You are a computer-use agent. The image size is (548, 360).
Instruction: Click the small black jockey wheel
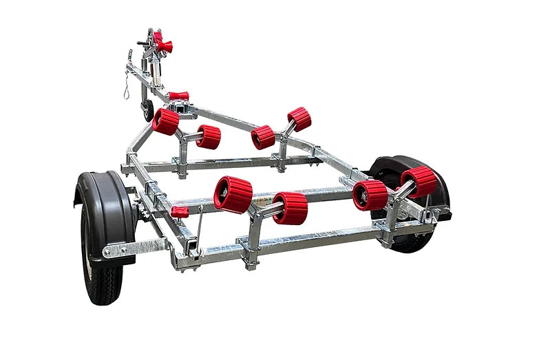(x=148, y=110)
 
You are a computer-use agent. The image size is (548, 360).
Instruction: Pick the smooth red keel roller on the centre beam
(x=178, y=96)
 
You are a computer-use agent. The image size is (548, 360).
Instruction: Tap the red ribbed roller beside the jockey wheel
(x=165, y=122)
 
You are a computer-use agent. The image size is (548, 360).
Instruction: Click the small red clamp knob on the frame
(x=180, y=211)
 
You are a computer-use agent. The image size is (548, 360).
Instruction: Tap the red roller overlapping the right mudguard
(x=419, y=181)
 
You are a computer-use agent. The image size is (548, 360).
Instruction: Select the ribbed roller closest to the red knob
(x=233, y=194)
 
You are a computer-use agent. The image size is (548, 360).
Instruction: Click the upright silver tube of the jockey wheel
(x=155, y=76)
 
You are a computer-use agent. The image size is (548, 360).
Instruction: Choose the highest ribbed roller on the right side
(x=299, y=118)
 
